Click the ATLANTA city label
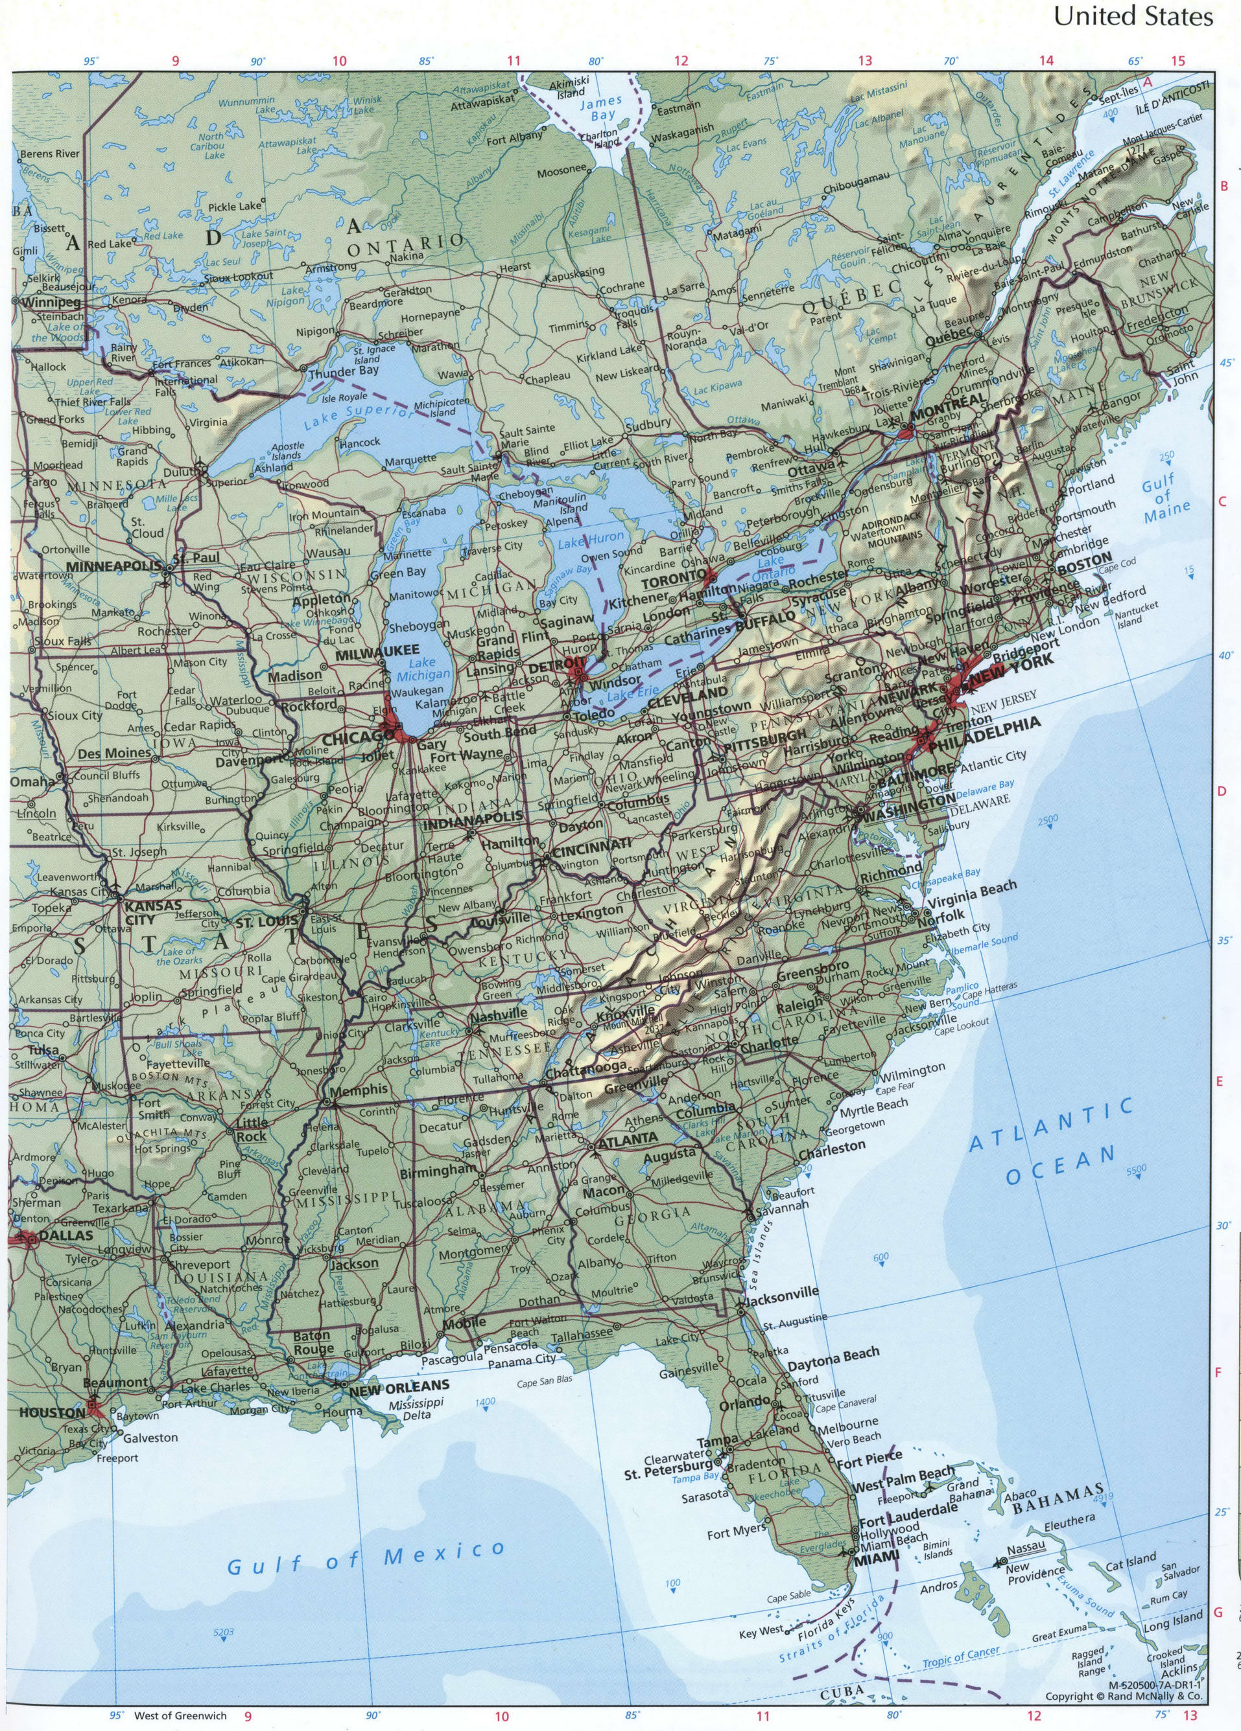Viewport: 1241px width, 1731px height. pos(628,1138)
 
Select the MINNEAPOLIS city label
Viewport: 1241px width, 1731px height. pos(115,566)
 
